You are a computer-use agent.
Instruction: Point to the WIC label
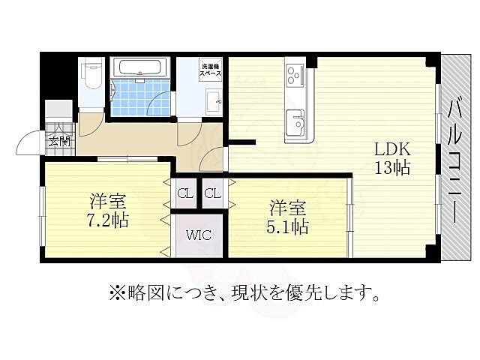pyautogui.click(x=199, y=235)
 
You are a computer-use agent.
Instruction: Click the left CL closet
pyautogui.click(x=184, y=194)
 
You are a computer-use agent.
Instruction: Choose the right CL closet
pyautogui.click(x=212, y=194)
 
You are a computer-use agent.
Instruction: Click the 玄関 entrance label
pyautogui.click(x=58, y=140)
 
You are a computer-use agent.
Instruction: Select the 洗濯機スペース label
pyautogui.click(x=209, y=71)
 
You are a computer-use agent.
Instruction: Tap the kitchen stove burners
pyautogui.click(x=293, y=76)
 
